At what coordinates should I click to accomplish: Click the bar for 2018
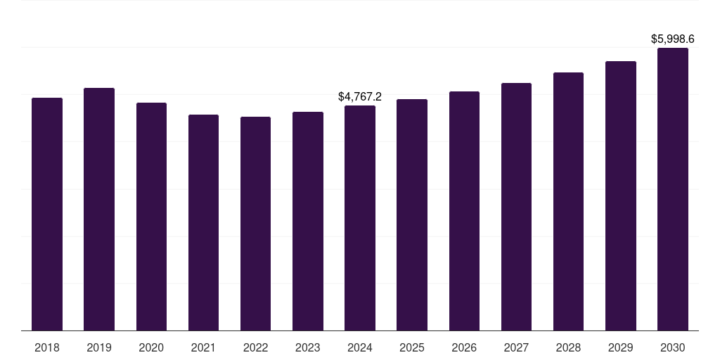point(47,214)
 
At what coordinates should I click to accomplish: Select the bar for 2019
point(99,209)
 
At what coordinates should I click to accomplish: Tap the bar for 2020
point(152,217)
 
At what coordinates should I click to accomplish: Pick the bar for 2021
point(203,223)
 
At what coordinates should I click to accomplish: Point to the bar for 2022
point(255,224)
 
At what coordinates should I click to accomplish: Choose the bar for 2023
point(308,221)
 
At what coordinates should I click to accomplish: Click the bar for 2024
point(360,218)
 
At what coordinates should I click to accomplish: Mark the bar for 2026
point(464,211)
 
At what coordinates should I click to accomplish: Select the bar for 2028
point(568,202)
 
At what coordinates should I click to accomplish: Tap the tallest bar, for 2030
point(673,189)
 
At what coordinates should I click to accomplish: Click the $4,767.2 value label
point(360,96)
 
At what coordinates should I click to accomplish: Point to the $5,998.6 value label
point(673,39)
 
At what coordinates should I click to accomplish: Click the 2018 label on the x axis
point(47,347)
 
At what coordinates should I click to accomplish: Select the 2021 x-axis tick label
point(203,347)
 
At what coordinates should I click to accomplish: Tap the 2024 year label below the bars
point(360,347)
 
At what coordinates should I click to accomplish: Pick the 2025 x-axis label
point(412,347)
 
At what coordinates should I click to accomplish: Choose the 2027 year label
point(516,347)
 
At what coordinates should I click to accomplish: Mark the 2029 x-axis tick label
point(620,347)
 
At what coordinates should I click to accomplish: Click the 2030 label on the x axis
point(673,347)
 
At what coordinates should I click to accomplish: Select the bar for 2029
point(621,196)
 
